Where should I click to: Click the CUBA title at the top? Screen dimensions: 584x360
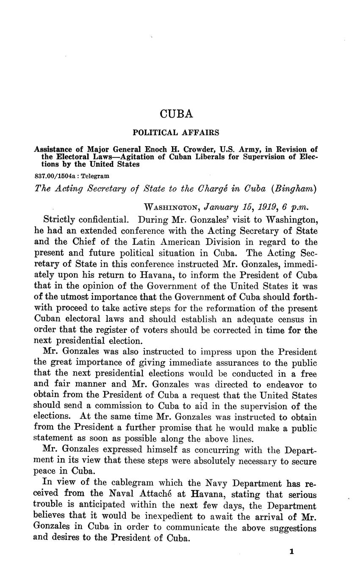pos(176,114)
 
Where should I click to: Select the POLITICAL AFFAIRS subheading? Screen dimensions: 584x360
pos(176,133)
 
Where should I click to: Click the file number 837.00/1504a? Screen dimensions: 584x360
pos(51,175)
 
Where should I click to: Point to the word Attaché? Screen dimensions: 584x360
pos(168,494)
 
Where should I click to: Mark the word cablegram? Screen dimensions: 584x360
pos(127,483)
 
